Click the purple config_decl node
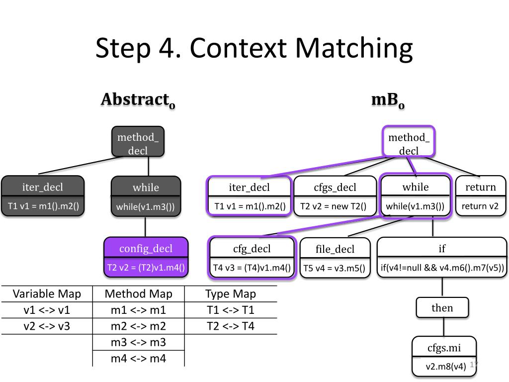click(146, 257)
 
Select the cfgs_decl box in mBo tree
click(335, 196)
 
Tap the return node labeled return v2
click(481, 196)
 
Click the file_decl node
click(335, 258)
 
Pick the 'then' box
click(442, 307)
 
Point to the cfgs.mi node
click(444, 356)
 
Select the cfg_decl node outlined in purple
click(252, 258)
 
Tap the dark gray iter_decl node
click(43, 196)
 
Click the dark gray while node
click(146, 196)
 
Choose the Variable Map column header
click(47, 293)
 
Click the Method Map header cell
click(138, 293)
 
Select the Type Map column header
click(231, 293)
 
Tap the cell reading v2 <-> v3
click(47, 326)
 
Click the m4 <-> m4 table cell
click(138, 359)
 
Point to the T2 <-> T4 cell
click(231, 326)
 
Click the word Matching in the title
click(354, 49)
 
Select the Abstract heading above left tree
click(138, 100)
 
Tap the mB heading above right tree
click(388, 100)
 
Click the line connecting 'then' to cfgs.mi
click(443, 327)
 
